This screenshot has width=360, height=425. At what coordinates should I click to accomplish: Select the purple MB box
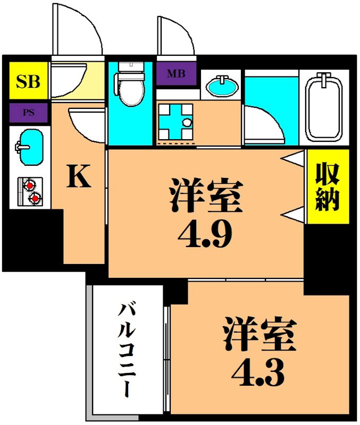pyautogui.click(x=177, y=74)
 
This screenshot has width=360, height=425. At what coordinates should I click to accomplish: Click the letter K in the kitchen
pyautogui.click(x=78, y=177)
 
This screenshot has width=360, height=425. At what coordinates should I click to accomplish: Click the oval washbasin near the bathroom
pyautogui.click(x=221, y=85)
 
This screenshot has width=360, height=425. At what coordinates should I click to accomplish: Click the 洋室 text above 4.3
pyautogui.click(x=259, y=334)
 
